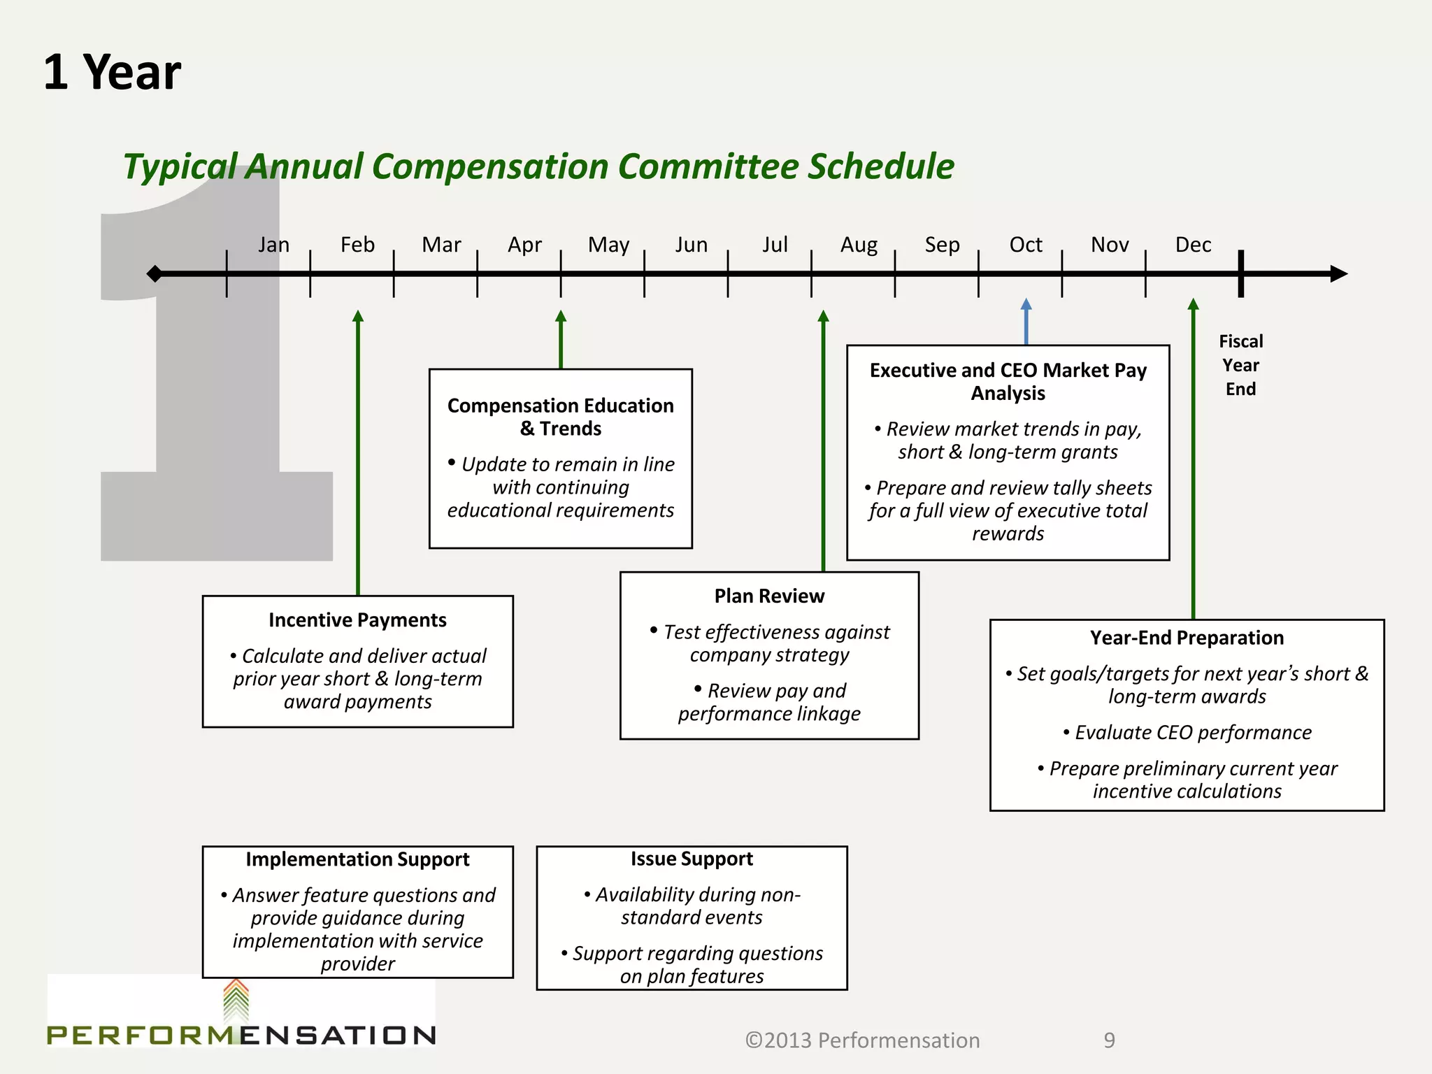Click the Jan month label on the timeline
[273, 245]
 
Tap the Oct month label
[1026, 245]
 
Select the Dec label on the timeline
[1193, 245]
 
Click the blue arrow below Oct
[1026, 322]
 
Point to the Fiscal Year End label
[1240, 365]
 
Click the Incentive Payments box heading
[357, 620]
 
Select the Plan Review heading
[769, 596]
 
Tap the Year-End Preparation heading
[1187, 638]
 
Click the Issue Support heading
[692, 859]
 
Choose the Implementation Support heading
[357, 859]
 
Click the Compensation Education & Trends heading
[560, 417]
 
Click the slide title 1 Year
[112, 72]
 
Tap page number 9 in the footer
[1109, 1040]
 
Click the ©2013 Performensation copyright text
[862, 1040]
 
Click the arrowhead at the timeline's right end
[1338, 273]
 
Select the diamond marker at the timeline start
[155, 273]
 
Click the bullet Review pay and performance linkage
[769, 702]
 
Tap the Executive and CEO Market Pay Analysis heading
[1008, 381]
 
